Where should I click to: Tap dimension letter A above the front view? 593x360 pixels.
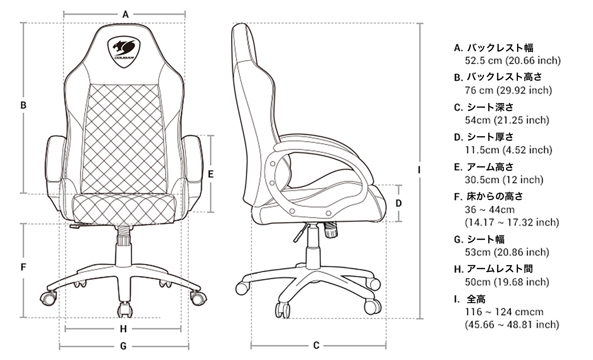coord(125,14)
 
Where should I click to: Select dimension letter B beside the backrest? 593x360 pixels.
coord(23,106)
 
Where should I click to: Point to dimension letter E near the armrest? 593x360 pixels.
coord(211,174)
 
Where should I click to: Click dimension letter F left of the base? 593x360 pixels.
coord(23,267)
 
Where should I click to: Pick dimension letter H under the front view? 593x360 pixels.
coord(123,329)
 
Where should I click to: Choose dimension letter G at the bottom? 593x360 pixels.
coord(123,346)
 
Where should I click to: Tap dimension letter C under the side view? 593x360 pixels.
coord(316,345)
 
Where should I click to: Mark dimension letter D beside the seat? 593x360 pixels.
coord(398,203)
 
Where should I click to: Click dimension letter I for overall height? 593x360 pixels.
coord(419,170)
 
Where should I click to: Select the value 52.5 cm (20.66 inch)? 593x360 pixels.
coord(513,61)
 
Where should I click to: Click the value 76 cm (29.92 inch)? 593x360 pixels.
coord(508,90)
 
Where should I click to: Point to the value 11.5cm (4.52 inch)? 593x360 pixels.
coord(508,150)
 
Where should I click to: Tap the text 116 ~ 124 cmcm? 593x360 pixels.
coord(504,312)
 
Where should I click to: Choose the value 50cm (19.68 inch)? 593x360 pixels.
coord(507,282)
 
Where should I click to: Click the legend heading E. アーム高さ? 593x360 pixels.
coord(483,167)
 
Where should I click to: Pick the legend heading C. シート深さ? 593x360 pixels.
coord(483,107)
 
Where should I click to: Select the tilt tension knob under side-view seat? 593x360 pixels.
coord(331,230)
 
